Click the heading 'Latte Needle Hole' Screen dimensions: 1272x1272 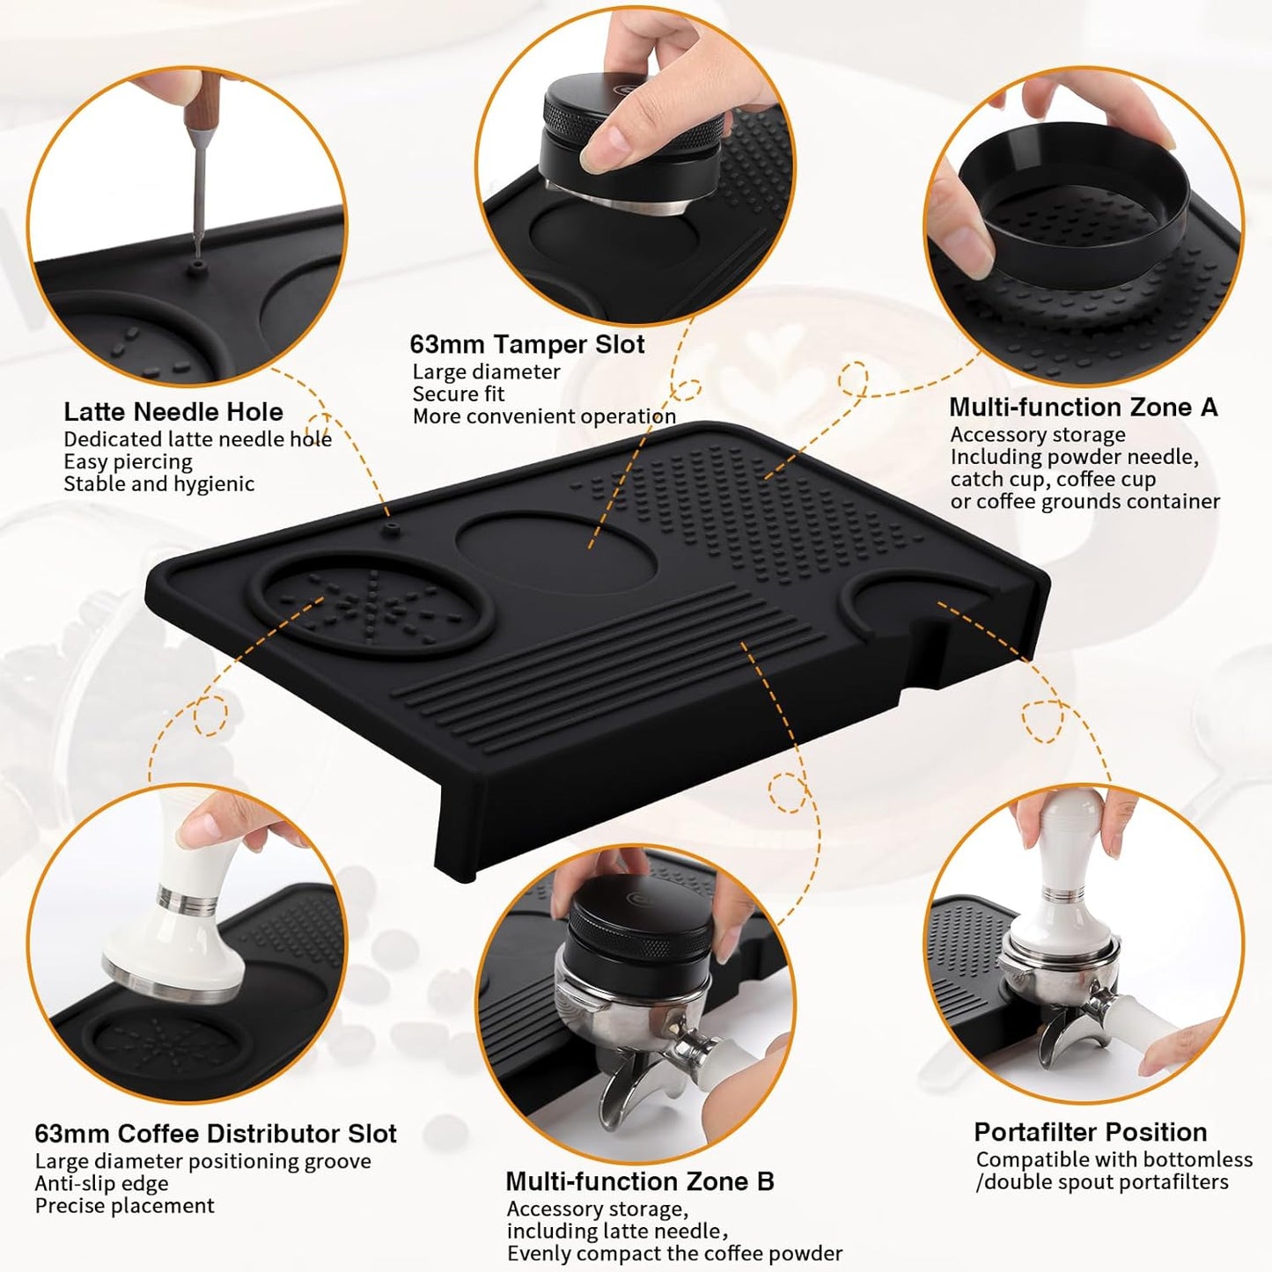pyautogui.click(x=173, y=412)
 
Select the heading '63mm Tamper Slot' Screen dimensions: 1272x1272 pyautogui.click(x=526, y=344)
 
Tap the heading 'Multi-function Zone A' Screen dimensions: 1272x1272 pyautogui.click(x=1083, y=408)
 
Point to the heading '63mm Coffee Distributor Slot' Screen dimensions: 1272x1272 pyautogui.click(x=216, y=1133)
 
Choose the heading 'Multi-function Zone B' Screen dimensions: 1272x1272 pyautogui.click(x=639, y=1181)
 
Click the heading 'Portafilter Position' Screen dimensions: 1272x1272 pyautogui.click(x=1090, y=1132)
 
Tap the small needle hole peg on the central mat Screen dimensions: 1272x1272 pyautogui.click(x=392, y=528)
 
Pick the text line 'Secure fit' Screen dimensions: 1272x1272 pyautogui.click(x=459, y=394)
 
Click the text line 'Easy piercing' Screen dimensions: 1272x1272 pyautogui.click(x=128, y=462)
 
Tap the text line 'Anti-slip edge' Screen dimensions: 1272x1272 pyautogui.click(x=101, y=1184)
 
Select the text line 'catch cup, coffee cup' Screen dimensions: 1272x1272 pyautogui.click(x=1053, y=480)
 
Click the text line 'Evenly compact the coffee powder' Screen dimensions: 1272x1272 pyautogui.click(x=674, y=1254)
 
